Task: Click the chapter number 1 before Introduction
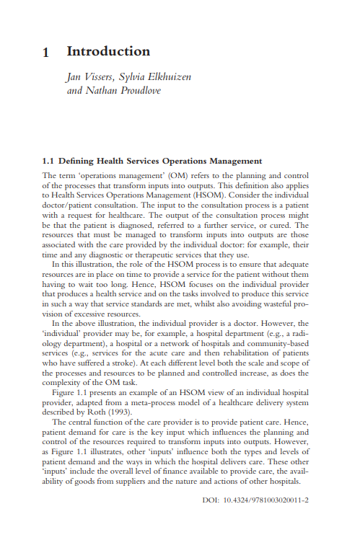pos(46,52)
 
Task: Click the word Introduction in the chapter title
pos(108,52)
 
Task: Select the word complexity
pos(63,384)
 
